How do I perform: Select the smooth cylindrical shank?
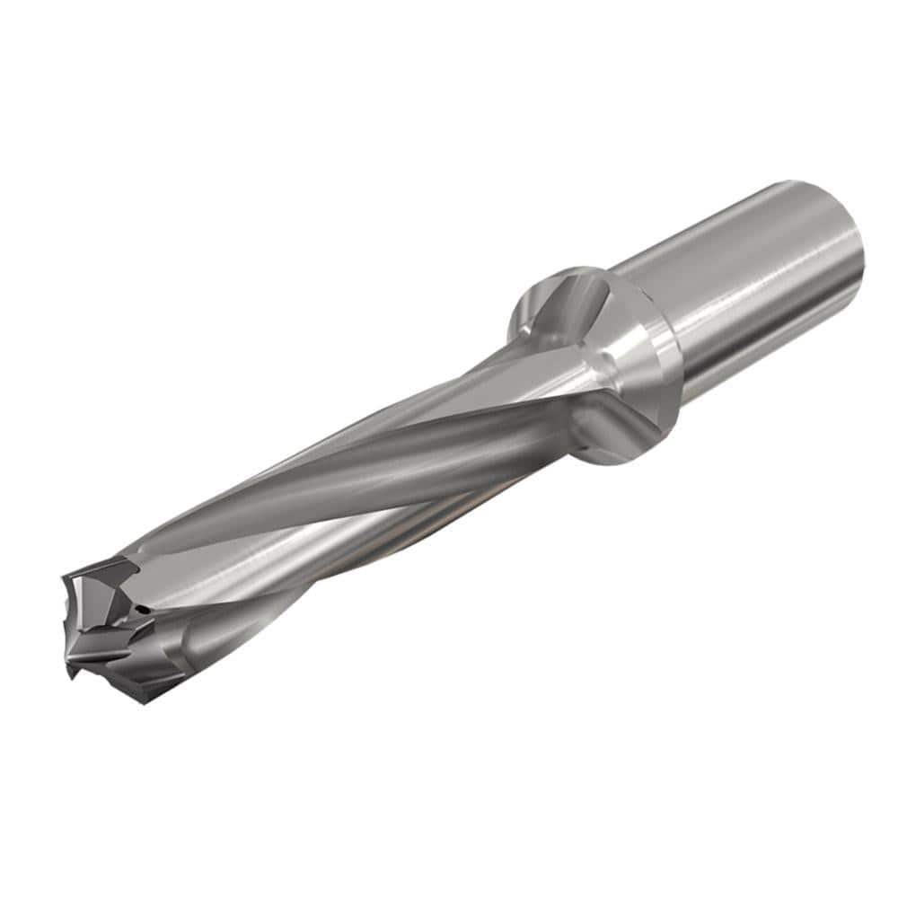pyautogui.click(x=763, y=287)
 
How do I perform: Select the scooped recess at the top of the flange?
pyautogui.click(x=561, y=301)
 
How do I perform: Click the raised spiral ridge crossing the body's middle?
pyautogui.click(x=359, y=467)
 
